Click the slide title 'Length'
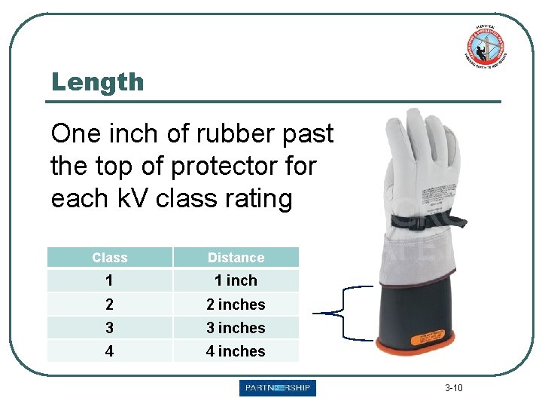(x=97, y=81)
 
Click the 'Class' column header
(x=110, y=258)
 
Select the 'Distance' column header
(x=236, y=258)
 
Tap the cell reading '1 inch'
(x=236, y=281)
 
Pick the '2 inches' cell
(x=236, y=304)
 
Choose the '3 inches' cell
(x=236, y=328)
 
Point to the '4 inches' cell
(x=236, y=351)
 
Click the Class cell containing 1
(x=110, y=281)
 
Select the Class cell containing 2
(x=110, y=304)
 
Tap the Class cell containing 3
(x=110, y=328)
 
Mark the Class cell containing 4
(x=110, y=351)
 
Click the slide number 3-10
(x=454, y=388)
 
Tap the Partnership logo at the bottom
(x=278, y=388)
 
